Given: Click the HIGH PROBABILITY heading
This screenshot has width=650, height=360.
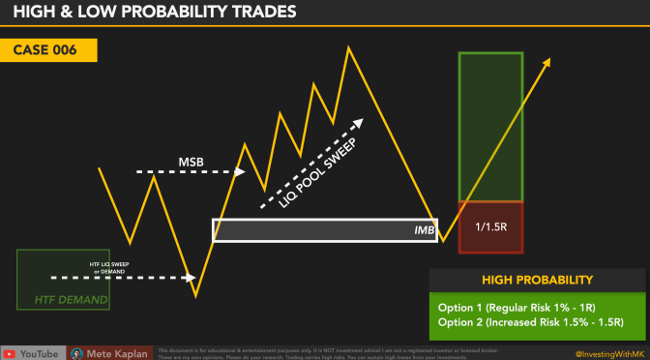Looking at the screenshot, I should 536,281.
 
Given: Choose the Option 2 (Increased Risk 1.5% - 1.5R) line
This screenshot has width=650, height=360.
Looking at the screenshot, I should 530,320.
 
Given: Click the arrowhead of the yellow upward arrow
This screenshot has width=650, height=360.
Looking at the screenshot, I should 548,61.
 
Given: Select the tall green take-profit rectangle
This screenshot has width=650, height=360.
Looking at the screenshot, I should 491,126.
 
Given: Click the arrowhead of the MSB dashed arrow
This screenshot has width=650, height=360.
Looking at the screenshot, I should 242,172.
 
